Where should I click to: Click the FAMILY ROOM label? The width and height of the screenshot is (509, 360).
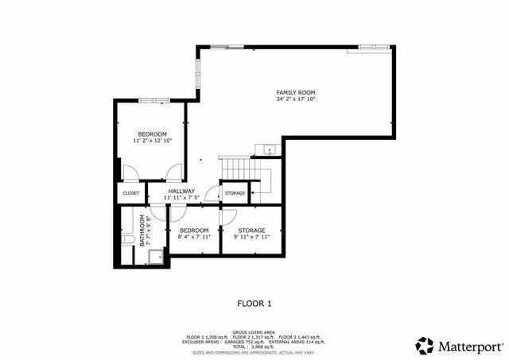point(296,93)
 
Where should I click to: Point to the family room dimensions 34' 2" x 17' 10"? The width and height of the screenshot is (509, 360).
point(296,100)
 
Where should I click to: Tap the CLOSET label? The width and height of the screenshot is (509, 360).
point(131,193)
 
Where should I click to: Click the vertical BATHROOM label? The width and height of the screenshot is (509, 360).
point(143,230)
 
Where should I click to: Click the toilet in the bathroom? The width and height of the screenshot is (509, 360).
point(128,240)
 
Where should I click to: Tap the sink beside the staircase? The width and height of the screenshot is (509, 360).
point(268,149)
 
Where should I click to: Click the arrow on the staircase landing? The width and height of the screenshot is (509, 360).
point(256,190)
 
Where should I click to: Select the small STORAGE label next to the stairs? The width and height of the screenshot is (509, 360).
point(235,193)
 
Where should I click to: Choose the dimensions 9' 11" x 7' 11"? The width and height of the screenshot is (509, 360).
point(251,237)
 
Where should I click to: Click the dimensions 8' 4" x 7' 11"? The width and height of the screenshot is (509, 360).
point(193,237)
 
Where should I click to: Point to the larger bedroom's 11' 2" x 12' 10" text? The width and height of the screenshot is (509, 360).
point(152,141)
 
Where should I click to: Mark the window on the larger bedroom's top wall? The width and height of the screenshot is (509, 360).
point(154,100)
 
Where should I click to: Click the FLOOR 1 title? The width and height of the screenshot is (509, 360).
point(254,303)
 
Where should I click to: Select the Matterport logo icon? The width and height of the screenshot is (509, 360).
point(425,346)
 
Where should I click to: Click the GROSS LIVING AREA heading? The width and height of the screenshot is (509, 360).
point(254,333)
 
